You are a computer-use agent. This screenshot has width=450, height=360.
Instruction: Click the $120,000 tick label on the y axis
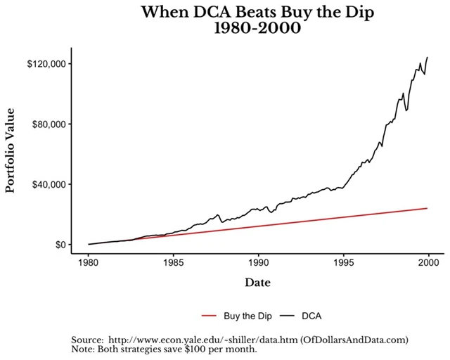pos(46,64)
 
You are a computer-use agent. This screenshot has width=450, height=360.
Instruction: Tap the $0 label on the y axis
pos(58,245)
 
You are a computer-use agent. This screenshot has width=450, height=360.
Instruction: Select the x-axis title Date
pos(258,283)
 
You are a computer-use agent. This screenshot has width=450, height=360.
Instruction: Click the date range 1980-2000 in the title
pos(258,30)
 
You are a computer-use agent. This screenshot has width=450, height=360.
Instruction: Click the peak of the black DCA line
pos(427,57)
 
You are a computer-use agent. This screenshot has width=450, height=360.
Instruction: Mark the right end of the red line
pos(427,208)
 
